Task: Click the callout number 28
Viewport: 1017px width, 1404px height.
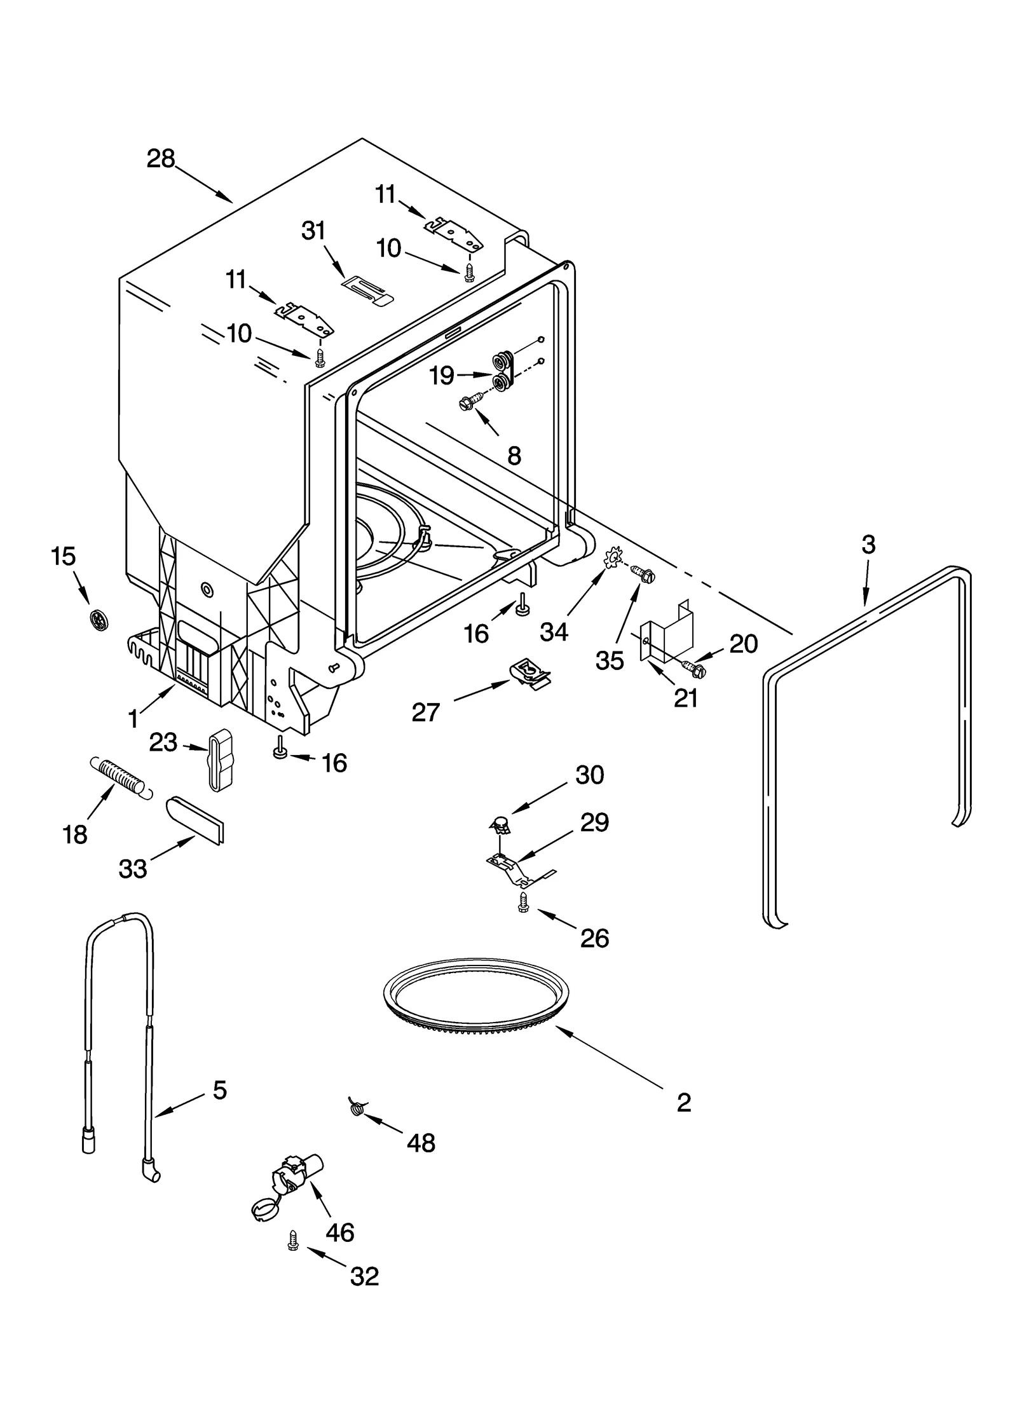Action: point(160,158)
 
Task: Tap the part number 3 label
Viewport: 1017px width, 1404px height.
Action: point(868,545)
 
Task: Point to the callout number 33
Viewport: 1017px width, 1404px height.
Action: point(133,868)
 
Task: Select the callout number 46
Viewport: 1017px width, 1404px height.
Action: point(339,1232)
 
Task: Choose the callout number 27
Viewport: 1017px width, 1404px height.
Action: point(425,712)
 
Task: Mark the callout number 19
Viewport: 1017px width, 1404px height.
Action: point(442,376)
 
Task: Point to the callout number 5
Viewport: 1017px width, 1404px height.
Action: point(219,1090)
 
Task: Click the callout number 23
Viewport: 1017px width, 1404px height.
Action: point(163,742)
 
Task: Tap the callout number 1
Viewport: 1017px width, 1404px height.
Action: point(133,719)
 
